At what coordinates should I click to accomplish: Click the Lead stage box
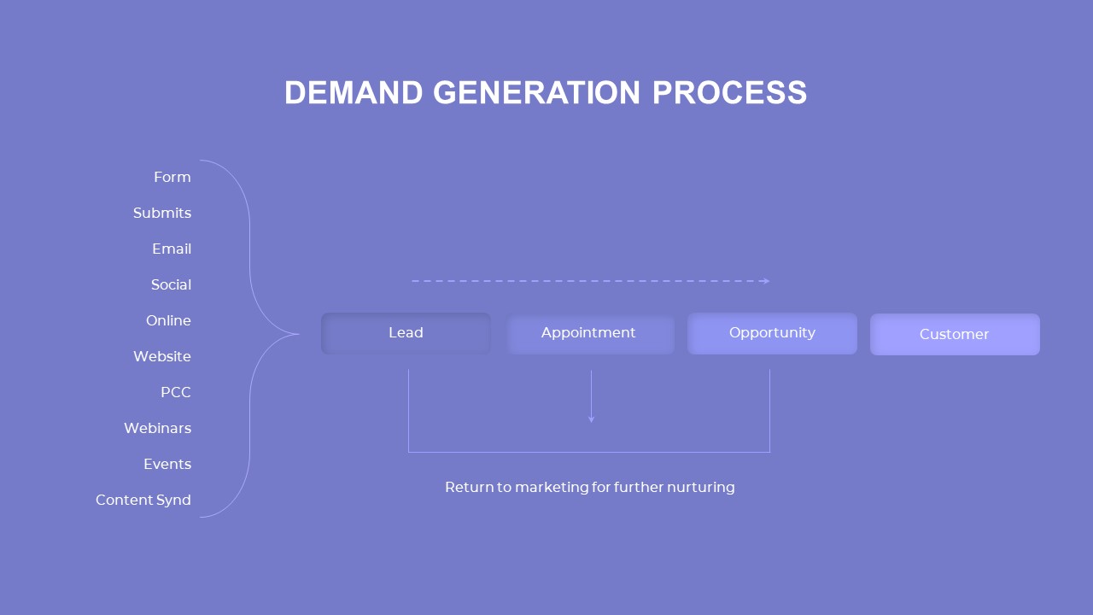(x=406, y=333)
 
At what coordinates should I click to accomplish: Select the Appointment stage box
(x=589, y=333)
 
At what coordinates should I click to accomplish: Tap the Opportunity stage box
(x=772, y=333)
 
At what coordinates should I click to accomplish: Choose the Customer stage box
(x=955, y=334)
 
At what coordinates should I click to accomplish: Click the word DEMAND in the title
(x=354, y=92)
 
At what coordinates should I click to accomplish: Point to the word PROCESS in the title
(x=729, y=92)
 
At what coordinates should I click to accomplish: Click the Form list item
(x=172, y=177)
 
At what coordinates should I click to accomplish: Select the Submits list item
(x=161, y=213)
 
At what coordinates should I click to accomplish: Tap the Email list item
(x=171, y=249)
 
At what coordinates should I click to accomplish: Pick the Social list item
(x=171, y=284)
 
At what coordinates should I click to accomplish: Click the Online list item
(x=168, y=320)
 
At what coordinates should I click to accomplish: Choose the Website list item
(x=161, y=356)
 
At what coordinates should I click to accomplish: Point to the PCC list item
(x=175, y=392)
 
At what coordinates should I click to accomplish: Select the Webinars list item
(x=157, y=428)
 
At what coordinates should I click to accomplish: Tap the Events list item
(x=167, y=464)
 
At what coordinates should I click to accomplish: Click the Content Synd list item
(x=143, y=500)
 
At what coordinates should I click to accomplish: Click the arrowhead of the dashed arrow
(x=767, y=281)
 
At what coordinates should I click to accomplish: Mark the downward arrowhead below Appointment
(x=591, y=419)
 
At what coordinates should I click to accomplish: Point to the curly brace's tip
(x=297, y=334)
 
